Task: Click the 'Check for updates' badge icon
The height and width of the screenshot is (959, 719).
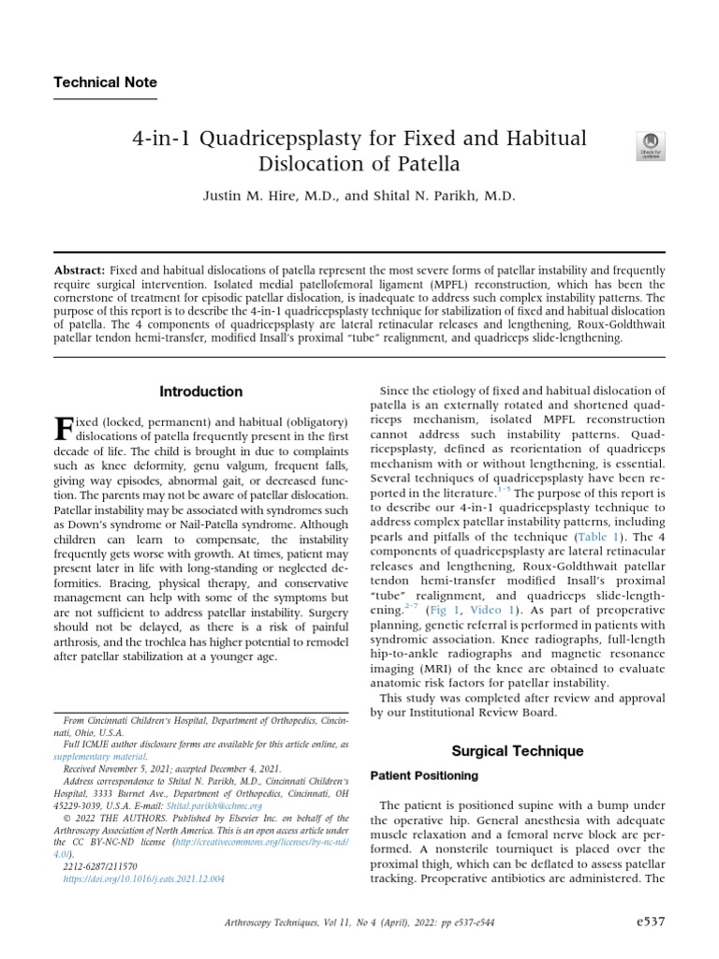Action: [x=650, y=145]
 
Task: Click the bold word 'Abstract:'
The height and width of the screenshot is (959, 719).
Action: [x=80, y=270]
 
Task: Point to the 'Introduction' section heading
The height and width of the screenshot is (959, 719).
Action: [x=200, y=391]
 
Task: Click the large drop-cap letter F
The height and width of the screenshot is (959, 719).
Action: [x=63, y=431]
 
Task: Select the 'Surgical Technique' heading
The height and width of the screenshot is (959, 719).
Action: [x=517, y=751]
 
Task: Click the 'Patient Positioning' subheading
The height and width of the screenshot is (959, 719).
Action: [x=424, y=776]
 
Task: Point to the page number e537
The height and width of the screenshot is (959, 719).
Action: [x=648, y=922]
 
